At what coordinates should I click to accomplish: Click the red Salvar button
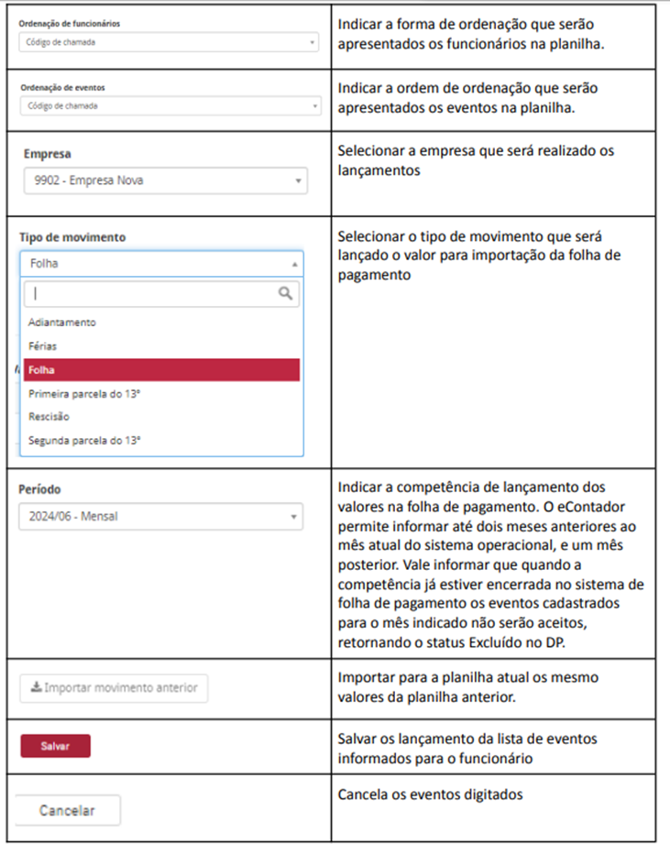(56, 746)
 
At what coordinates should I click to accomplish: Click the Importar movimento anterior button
(114, 687)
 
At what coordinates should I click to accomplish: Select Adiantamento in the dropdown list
(62, 323)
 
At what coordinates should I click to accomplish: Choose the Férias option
(43, 346)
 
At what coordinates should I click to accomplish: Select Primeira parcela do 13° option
(83, 393)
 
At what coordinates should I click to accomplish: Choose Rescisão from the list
(49, 417)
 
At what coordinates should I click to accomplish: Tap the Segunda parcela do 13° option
(84, 440)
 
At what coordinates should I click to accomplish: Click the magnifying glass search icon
(286, 293)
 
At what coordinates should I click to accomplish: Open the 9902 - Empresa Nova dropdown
(166, 181)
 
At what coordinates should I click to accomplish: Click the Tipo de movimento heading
(72, 237)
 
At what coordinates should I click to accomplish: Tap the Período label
(40, 489)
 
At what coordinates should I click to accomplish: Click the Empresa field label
(48, 154)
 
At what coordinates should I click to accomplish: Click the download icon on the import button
(35, 687)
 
